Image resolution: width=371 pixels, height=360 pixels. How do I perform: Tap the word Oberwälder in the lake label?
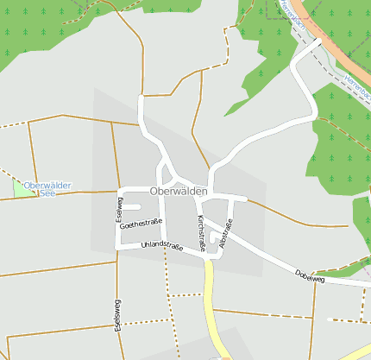coord(47,185)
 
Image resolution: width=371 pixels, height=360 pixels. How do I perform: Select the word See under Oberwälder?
coord(47,193)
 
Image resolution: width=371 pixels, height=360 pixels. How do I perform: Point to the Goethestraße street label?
coord(141,224)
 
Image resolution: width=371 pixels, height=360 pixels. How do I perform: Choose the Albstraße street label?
coord(226,237)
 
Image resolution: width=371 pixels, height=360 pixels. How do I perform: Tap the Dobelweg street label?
coord(308,275)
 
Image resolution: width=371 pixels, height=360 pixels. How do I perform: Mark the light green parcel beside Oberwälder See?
coord(19,188)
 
